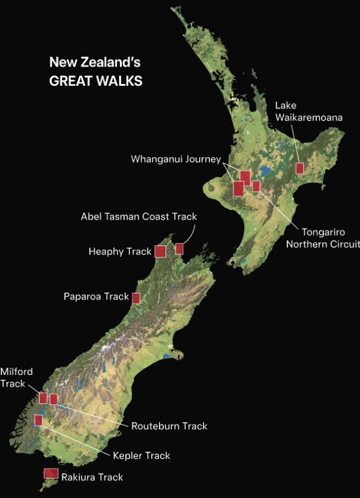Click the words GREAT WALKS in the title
[95, 81]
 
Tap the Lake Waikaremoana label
[309, 112]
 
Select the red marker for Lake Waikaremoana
[300, 168]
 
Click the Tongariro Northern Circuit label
[322, 238]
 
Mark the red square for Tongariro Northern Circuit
[256, 186]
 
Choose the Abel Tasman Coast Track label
[139, 216]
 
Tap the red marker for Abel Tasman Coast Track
[179, 248]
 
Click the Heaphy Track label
[119, 251]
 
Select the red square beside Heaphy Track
[160, 251]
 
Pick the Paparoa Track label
[96, 296]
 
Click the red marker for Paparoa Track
[136, 298]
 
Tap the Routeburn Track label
[169, 426]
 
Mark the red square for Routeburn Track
[53, 399]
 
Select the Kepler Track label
[141, 455]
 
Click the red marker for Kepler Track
[39, 420]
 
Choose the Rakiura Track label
[92, 477]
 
